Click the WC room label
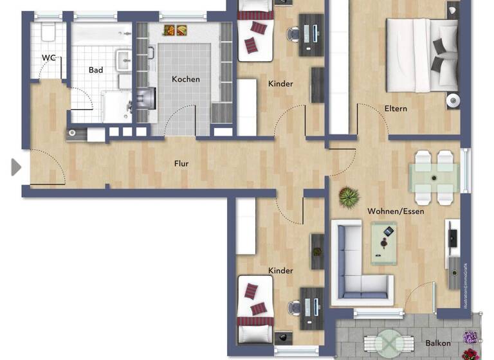click(49, 58)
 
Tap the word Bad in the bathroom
click(96, 70)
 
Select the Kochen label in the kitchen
click(185, 79)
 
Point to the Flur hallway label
click(181, 164)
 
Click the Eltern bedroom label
click(396, 109)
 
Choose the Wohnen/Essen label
click(396, 211)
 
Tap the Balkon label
click(438, 343)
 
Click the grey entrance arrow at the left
click(16, 167)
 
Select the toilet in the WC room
click(48, 32)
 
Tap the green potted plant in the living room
click(349, 196)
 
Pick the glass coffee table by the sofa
click(388, 243)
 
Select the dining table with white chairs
click(435, 176)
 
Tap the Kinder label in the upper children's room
click(280, 84)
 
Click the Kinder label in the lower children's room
click(280, 271)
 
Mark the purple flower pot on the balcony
click(471, 337)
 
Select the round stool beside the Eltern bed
click(453, 99)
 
